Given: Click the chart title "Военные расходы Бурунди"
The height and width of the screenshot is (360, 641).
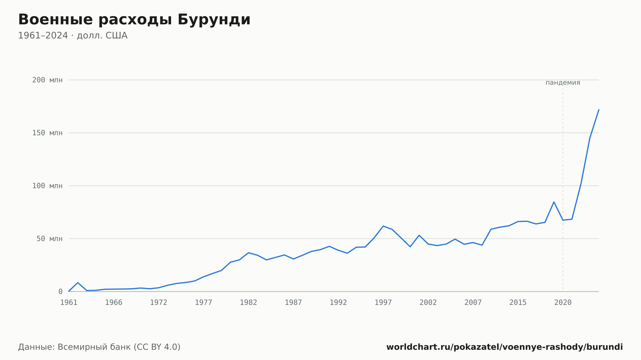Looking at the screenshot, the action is (134, 20).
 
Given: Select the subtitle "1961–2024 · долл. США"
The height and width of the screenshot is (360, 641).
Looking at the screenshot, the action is (73, 36).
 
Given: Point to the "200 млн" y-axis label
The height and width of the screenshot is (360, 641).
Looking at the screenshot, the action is (47, 80).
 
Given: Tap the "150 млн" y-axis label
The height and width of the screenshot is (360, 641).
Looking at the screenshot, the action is (47, 133).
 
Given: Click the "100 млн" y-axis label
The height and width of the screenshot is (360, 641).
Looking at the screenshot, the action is (47, 186).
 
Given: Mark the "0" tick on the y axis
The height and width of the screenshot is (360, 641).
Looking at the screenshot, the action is (60, 291).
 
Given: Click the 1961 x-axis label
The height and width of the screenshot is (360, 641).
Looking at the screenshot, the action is (69, 303).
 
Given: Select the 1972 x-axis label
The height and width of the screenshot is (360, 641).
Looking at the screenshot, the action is (159, 303).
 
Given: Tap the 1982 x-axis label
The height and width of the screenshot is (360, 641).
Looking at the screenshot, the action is (248, 303).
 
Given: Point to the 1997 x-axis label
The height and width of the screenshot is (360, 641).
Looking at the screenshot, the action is (383, 303).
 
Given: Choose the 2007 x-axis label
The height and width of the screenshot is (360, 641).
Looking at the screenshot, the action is (473, 303).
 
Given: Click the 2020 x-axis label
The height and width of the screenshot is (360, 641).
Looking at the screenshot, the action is (563, 303).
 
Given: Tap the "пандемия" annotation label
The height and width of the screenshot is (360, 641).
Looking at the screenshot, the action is (563, 83).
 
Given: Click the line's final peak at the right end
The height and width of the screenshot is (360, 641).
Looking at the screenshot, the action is (598, 110).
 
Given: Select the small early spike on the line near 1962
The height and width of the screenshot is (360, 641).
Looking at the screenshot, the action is (78, 282).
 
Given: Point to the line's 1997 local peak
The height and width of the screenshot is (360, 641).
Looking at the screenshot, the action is (383, 226).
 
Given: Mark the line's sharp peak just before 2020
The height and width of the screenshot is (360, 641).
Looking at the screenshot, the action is (554, 202).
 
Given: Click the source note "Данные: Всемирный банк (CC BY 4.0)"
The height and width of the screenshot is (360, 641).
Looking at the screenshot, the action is (99, 347).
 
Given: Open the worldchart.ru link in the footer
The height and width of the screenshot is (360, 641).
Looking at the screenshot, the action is (504, 347).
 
